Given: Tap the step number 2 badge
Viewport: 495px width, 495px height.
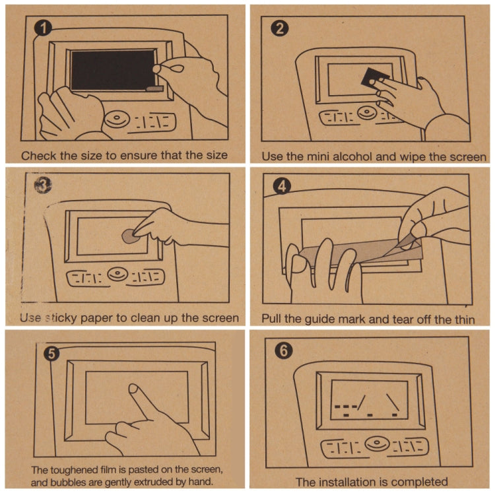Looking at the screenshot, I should point(280,28).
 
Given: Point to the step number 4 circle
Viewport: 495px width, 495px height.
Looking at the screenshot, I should point(282,187).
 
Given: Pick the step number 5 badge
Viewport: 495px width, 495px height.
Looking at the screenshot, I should point(51,353).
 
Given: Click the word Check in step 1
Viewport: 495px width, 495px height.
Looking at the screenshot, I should point(38,156).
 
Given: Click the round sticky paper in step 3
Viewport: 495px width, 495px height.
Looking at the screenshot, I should point(131,234).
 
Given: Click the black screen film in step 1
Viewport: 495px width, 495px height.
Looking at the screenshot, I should point(112,69).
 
